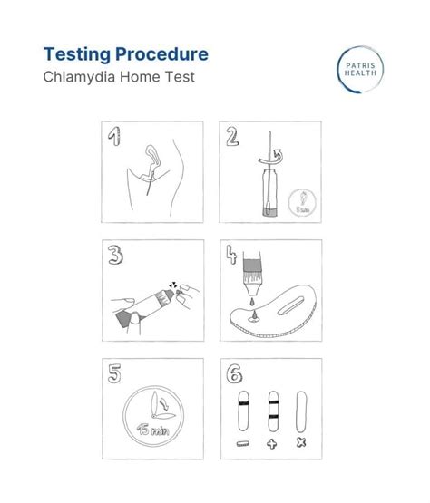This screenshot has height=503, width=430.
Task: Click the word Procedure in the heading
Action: point(161,54)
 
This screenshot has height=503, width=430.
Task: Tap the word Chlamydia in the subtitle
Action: point(79,77)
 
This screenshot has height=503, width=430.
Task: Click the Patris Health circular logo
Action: point(360,69)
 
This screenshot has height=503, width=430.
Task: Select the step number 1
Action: point(114,136)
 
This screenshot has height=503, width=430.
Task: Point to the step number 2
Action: point(232,136)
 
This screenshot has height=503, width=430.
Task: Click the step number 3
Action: point(115,255)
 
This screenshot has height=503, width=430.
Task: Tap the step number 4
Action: point(231,255)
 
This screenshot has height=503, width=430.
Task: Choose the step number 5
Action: point(114,373)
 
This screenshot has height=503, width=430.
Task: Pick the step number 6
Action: point(234,373)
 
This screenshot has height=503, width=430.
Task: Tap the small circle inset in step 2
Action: point(302,202)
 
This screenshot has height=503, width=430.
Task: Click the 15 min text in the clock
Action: point(153,430)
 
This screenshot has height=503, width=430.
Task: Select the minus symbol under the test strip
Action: point(243,444)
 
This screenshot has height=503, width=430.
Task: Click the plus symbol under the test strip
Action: point(272,444)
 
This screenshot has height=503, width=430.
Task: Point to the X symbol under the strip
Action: point(301,443)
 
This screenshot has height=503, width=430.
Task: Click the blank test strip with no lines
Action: point(301,411)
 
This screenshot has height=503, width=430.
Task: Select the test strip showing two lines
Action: point(273,411)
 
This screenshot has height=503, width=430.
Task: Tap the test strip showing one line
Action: point(243,411)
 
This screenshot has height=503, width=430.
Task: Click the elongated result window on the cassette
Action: point(290,306)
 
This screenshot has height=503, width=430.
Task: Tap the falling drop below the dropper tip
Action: point(253,302)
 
